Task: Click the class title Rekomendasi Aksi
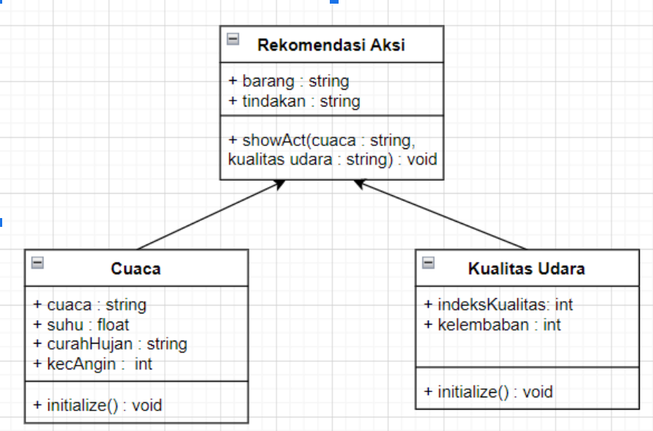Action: (331, 46)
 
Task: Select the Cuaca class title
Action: (136, 269)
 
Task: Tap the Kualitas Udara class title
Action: (526, 269)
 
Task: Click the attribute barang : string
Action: (289, 81)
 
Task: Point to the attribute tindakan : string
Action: (294, 101)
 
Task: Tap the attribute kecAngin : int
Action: (92, 363)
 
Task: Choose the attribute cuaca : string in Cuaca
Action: (89, 304)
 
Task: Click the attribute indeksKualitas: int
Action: (498, 304)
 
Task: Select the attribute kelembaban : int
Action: (492, 325)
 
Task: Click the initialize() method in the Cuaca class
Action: (97, 405)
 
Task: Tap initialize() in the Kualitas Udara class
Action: (488, 392)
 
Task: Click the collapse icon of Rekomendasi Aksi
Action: (233, 39)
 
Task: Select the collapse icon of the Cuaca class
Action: (37, 262)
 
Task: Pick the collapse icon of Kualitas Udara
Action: (429, 262)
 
